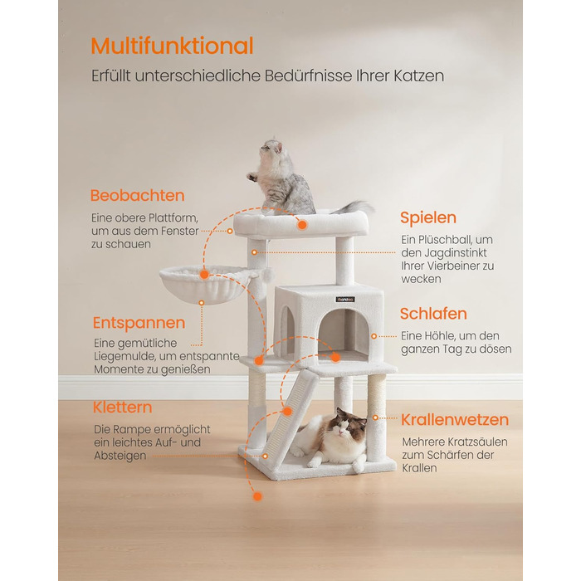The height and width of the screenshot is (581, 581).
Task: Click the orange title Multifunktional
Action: tap(173, 46)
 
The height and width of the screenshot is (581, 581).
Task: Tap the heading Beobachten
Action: tap(138, 195)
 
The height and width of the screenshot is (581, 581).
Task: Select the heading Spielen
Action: tap(428, 217)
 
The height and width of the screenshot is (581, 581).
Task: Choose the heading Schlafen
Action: tap(433, 314)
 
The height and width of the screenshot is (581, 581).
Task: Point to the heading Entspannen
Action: tap(139, 323)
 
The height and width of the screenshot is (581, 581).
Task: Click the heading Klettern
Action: tap(122, 408)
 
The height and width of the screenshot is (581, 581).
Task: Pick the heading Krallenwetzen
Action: tap(455, 420)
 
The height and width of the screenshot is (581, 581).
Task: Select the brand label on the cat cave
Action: tap(345, 299)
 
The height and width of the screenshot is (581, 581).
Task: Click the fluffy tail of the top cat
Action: tap(354, 207)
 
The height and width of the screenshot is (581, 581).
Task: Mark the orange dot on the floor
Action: tap(257, 496)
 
